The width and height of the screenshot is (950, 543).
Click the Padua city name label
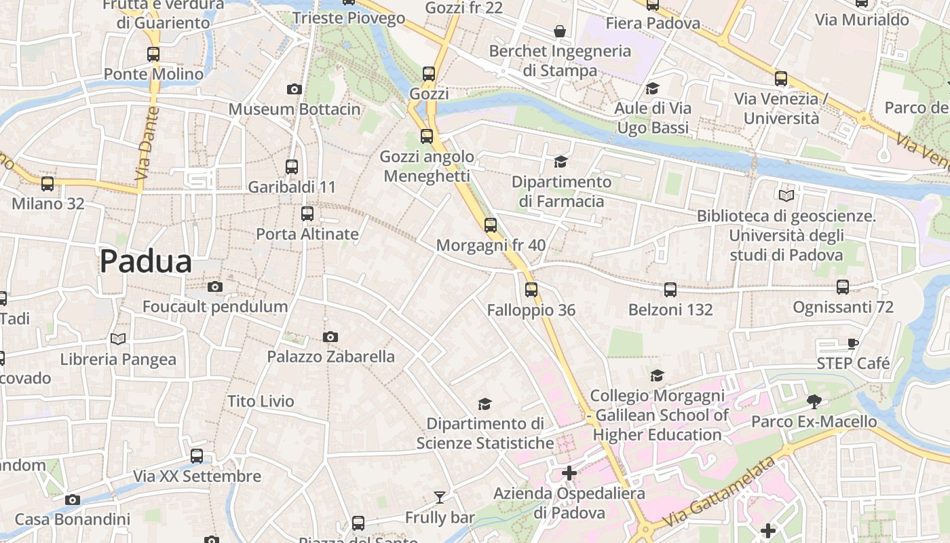tap(146, 262)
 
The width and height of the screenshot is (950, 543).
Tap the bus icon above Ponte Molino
tap(153, 54)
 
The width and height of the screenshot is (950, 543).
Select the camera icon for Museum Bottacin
tap(294, 89)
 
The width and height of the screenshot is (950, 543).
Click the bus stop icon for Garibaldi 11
tap(292, 166)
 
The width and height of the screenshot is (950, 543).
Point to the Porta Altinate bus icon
tap(307, 214)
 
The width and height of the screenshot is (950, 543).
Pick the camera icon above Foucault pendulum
tap(215, 286)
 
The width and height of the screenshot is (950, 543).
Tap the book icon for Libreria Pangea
tap(118, 339)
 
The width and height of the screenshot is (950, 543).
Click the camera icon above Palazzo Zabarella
tap(330, 337)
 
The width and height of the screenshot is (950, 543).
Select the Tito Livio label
tap(261, 401)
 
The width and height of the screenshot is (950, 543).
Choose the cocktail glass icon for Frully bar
tap(440, 498)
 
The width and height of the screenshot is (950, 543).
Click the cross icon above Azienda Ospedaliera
tap(569, 473)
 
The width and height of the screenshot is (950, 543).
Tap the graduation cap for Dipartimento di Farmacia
tap(560, 162)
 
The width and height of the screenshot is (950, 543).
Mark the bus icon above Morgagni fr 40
tap(491, 225)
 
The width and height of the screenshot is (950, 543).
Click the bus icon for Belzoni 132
tap(670, 290)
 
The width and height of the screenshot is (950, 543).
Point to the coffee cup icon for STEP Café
tap(853, 343)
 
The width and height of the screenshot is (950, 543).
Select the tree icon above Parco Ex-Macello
tap(814, 402)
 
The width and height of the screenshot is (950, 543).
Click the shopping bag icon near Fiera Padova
tap(560, 31)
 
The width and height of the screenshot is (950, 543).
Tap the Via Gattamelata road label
tap(719, 493)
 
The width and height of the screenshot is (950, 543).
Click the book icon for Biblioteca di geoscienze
tap(786, 196)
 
